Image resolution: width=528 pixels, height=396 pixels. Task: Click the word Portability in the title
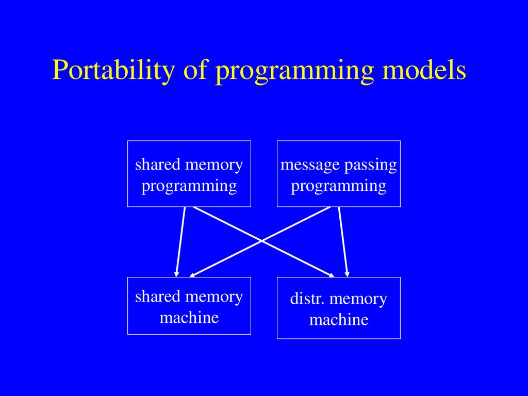coord(113,70)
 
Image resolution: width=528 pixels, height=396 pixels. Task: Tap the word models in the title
coord(424,70)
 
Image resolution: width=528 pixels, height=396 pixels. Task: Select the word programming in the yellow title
coord(294,72)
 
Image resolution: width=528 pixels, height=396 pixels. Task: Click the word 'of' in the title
coord(195,70)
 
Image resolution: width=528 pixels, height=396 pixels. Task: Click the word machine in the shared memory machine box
coord(189,318)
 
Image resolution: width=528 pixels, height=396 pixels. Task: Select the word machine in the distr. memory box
coord(339,320)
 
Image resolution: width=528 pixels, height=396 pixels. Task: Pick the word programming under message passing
coord(339,186)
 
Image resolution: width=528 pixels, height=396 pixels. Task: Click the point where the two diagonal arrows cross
coord(261,241)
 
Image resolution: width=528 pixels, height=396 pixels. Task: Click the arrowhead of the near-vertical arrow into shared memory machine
coord(176,274)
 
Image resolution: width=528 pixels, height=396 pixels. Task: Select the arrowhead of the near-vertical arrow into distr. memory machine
coord(347,274)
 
